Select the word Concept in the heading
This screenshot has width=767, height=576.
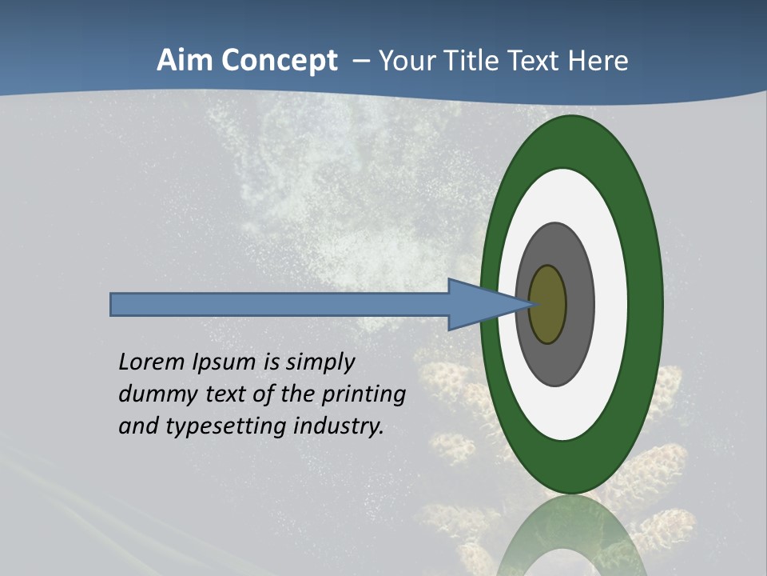(279, 60)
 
